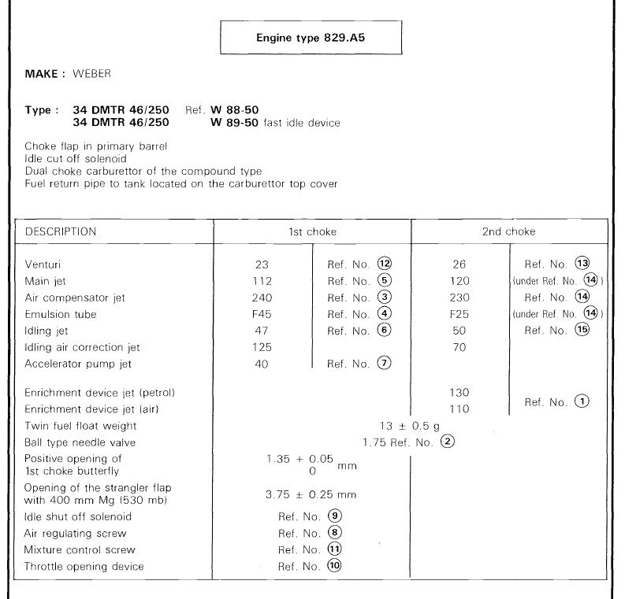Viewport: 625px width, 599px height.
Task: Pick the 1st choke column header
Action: coord(312,232)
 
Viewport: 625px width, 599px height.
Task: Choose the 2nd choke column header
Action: coord(509,232)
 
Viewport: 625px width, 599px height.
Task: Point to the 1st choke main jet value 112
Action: coord(263,280)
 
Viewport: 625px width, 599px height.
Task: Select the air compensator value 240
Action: coord(263,297)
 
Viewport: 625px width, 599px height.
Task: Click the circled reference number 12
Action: coord(385,264)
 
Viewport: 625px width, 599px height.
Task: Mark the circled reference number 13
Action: coord(583,263)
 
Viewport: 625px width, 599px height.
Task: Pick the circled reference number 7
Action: coord(385,363)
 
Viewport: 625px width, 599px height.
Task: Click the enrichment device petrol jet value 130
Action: coord(461,392)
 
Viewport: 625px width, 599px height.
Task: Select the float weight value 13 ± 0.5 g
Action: coord(410,426)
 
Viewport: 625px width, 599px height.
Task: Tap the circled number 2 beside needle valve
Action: coord(448,442)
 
